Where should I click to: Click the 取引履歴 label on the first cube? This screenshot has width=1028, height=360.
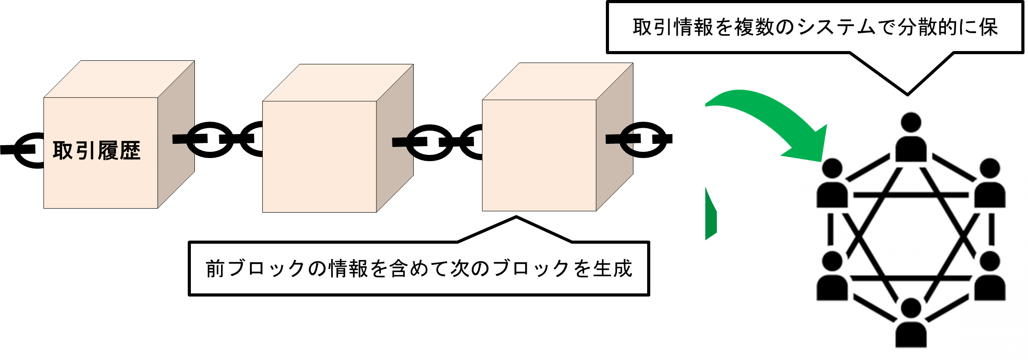97,151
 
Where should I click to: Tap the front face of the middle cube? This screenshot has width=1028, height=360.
320,156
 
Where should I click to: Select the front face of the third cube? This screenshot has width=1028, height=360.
539,155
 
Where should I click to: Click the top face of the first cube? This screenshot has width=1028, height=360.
119,79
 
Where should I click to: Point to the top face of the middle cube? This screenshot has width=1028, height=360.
338,83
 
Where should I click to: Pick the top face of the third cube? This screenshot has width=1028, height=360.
557,82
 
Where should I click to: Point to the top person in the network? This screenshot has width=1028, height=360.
911,138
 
